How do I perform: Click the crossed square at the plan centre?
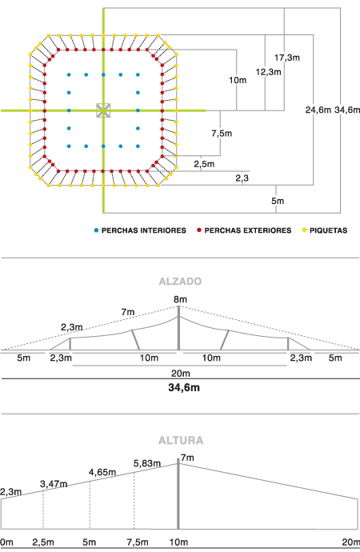[103, 110]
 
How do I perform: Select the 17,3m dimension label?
[287, 58]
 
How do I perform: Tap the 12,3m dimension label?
[269, 72]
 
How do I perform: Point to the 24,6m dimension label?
[318, 110]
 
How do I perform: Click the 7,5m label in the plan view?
[222, 134]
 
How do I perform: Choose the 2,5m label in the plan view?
[204, 164]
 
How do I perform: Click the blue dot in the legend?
[96, 230]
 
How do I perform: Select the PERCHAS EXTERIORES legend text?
[248, 230]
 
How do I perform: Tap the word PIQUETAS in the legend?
[328, 230]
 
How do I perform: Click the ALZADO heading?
[180, 282]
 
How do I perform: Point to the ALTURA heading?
[181, 441]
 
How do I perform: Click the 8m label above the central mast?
[180, 299]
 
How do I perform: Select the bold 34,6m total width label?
[184, 387]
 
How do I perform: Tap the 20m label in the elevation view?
[181, 373]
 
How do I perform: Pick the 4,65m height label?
[102, 472]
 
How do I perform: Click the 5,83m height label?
[147, 463]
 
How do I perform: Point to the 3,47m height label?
[54, 484]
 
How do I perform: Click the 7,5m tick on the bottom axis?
[138, 542]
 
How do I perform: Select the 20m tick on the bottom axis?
[351, 542]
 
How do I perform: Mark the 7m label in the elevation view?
[128, 312]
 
